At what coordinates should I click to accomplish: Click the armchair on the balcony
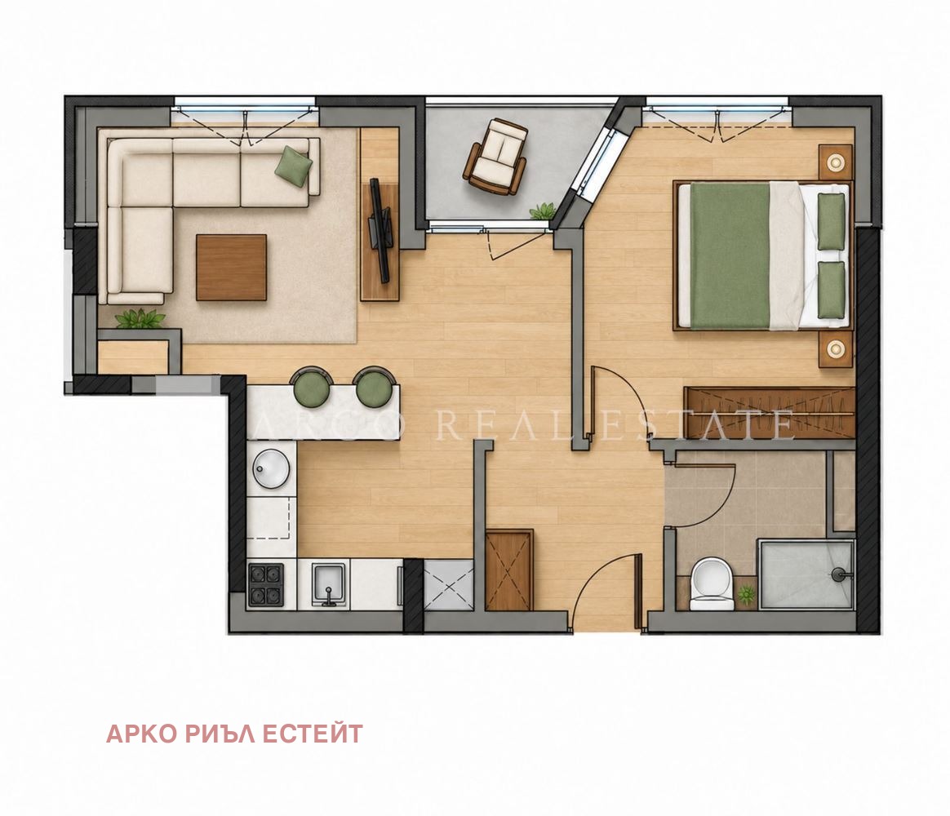[495, 157]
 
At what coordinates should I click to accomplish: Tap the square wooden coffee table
[232, 267]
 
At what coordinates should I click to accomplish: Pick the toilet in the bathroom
[712, 583]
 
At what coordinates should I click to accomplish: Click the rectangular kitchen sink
[330, 584]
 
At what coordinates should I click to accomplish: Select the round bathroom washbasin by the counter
[272, 468]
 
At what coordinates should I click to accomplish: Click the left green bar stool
[312, 388]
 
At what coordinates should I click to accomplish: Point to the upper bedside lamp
[836, 162]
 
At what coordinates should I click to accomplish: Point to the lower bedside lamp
[836, 348]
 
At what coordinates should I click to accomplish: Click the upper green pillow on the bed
[831, 221]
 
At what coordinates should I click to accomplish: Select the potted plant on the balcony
[542, 211]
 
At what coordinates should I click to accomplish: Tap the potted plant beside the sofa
[140, 318]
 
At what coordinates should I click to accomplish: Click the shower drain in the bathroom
[838, 573]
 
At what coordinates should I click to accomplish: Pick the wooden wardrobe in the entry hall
[509, 570]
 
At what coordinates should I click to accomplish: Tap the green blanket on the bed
[730, 256]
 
